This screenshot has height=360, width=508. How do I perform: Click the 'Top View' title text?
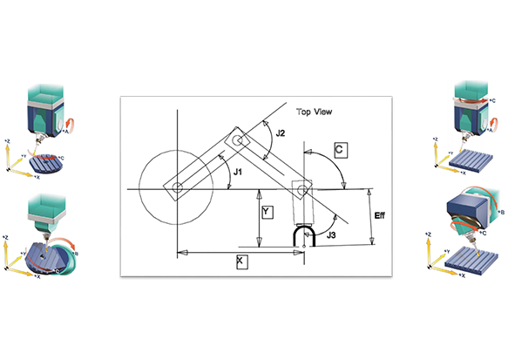pyautogui.click(x=316, y=112)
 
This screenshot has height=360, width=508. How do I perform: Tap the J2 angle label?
pyautogui.click(x=279, y=134)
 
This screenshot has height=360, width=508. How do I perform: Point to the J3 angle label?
pyautogui.click(x=331, y=234)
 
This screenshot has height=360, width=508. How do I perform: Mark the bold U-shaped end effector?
pyautogui.click(x=303, y=235)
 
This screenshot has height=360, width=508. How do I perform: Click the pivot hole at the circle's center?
pyautogui.click(x=177, y=188)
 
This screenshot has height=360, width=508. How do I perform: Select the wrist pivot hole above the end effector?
pyautogui.click(x=302, y=188)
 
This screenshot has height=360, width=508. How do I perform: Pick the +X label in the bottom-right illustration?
pyautogui.click(x=464, y=275)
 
